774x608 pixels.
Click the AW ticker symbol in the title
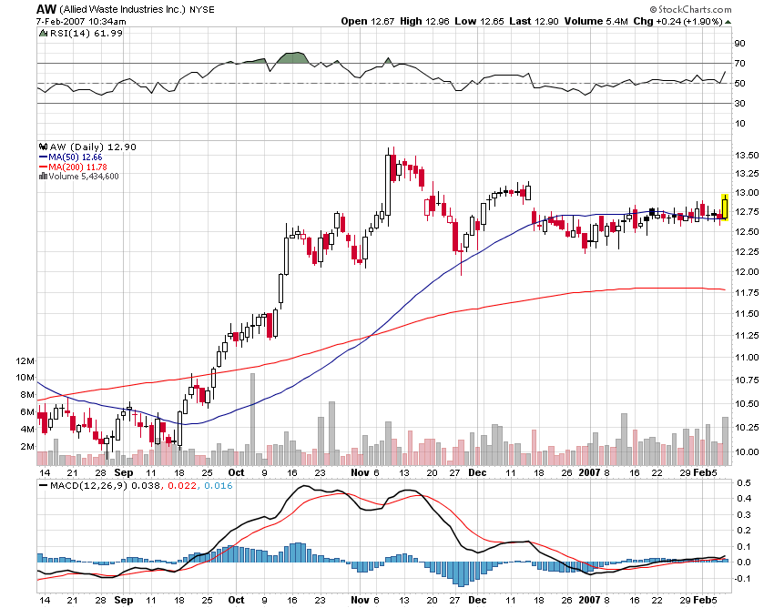click(46, 8)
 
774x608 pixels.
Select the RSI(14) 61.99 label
click(81, 34)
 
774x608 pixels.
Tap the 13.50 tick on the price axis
click(748, 155)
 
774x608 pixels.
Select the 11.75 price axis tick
click(748, 292)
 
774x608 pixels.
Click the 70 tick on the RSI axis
click(741, 63)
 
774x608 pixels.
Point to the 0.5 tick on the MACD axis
click(742, 482)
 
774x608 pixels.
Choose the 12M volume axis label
click(25, 360)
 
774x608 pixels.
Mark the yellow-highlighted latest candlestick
click(724, 208)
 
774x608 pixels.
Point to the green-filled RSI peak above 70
click(292, 58)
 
